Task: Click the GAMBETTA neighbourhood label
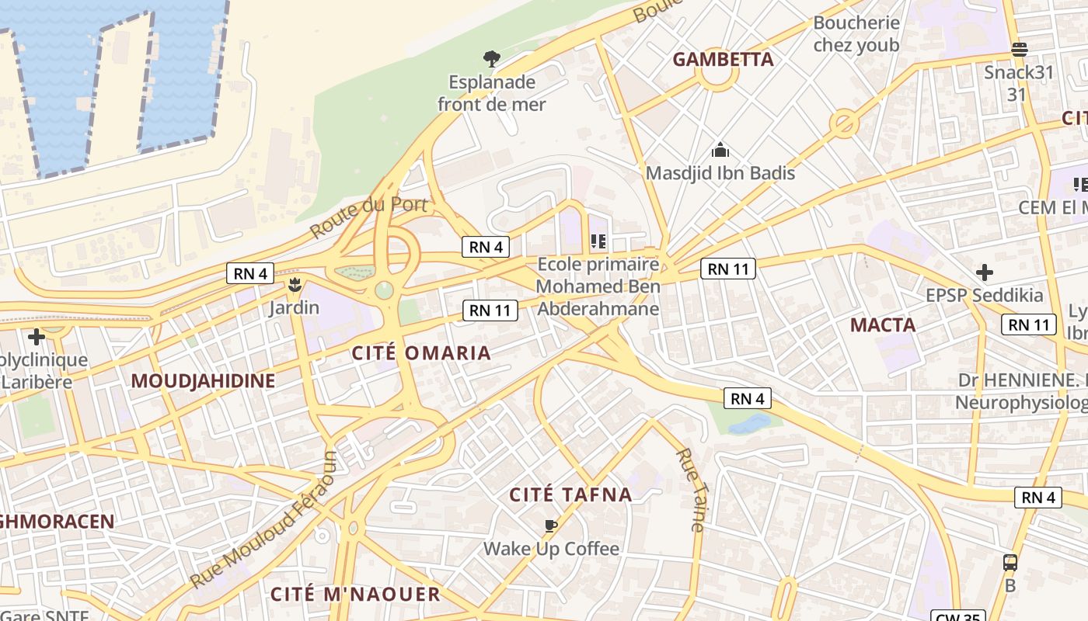[x=723, y=60]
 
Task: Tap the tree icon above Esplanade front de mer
[x=491, y=58]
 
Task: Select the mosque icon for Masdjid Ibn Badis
[x=720, y=150]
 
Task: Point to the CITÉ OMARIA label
[x=421, y=353]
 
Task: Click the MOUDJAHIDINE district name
[x=203, y=381]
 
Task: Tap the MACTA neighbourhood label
[x=883, y=325]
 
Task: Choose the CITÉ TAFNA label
[x=570, y=494]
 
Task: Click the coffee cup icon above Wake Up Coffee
[x=551, y=526]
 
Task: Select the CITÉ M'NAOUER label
[x=355, y=595]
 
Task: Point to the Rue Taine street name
[x=689, y=490]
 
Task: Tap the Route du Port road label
[x=369, y=217]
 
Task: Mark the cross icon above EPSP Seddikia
[x=985, y=272]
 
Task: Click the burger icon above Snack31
[x=1020, y=50]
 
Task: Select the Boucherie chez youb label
[x=856, y=34]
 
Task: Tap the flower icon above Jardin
[x=295, y=285]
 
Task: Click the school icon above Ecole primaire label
[x=598, y=241]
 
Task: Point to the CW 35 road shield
[x=957, y=616]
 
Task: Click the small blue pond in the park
[x=749, y=424]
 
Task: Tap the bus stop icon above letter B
[x=1010, y=563]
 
